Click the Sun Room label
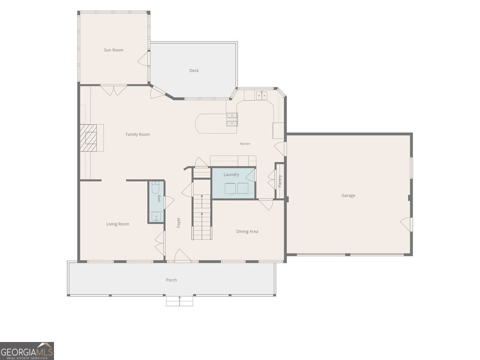coord(114,50)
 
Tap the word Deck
coord(194,70)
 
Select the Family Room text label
coord(138,134)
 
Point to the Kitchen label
coord(245,144)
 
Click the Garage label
coord(348,196)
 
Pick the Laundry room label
coord(231,175)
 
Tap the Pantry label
coord(280,181)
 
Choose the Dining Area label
coord(247,232)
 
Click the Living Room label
coord(118,224)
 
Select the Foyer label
coord(179,223)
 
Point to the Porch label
coord(172,280)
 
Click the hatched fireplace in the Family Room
coord(88,138)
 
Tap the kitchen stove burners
coord(232,119)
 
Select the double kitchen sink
coord(262,96)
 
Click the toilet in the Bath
coord(156,188)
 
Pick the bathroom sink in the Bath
coord(156,217)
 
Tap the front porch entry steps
coord(180,301)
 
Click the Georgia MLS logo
coord(27,351)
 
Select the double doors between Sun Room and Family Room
coord(114,90)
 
